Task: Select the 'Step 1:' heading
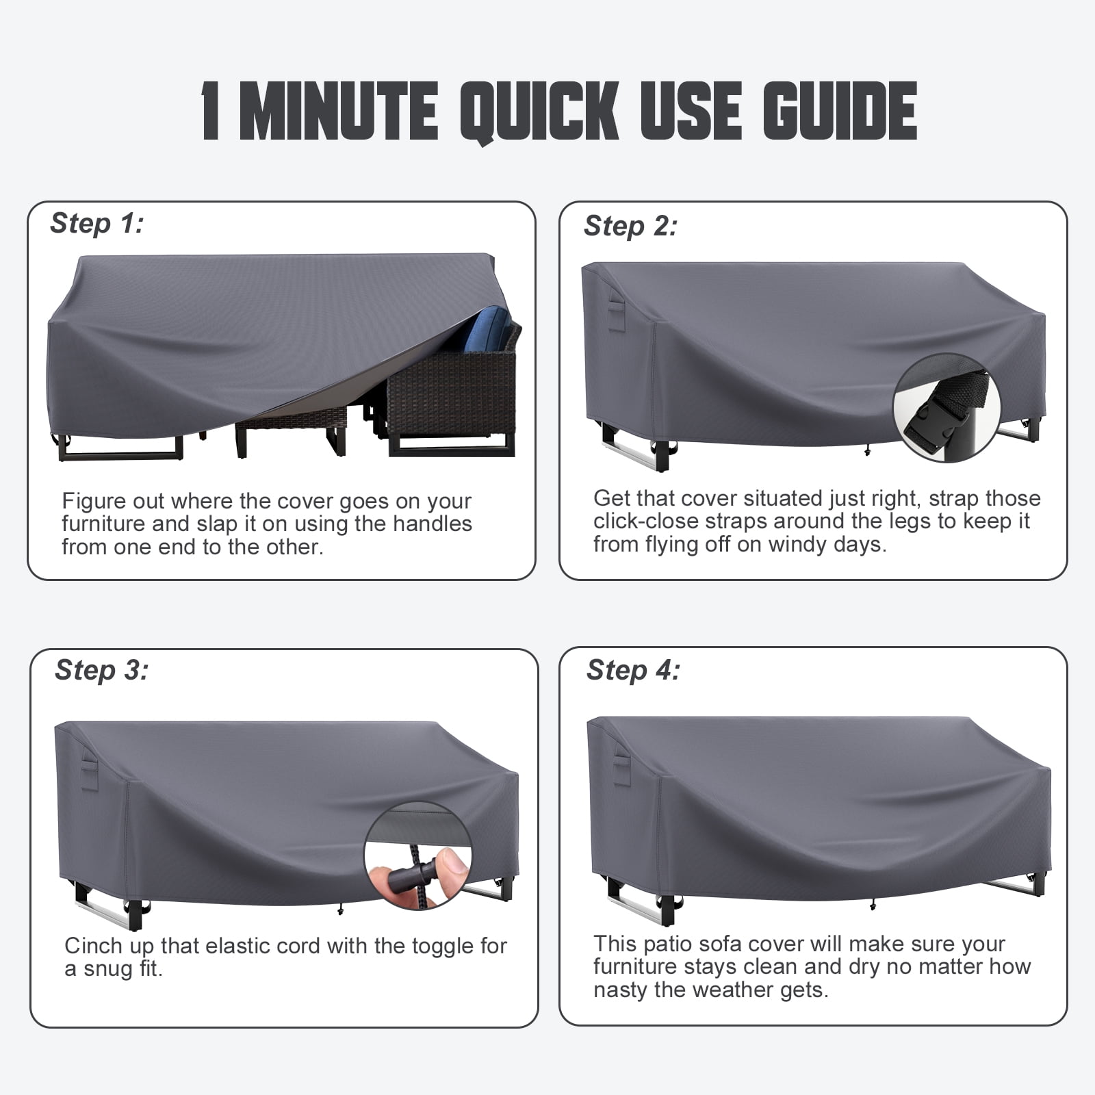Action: pyautogui.click(x=97, y=223)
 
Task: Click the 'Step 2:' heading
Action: pyautogui.click(x=630, y=226)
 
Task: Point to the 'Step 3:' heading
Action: pyautogui.click(x=101, y=670)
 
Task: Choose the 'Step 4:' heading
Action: pyautogui.click(x=633, y=670)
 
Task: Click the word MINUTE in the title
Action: pyautogui.click(x=339, y=112)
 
